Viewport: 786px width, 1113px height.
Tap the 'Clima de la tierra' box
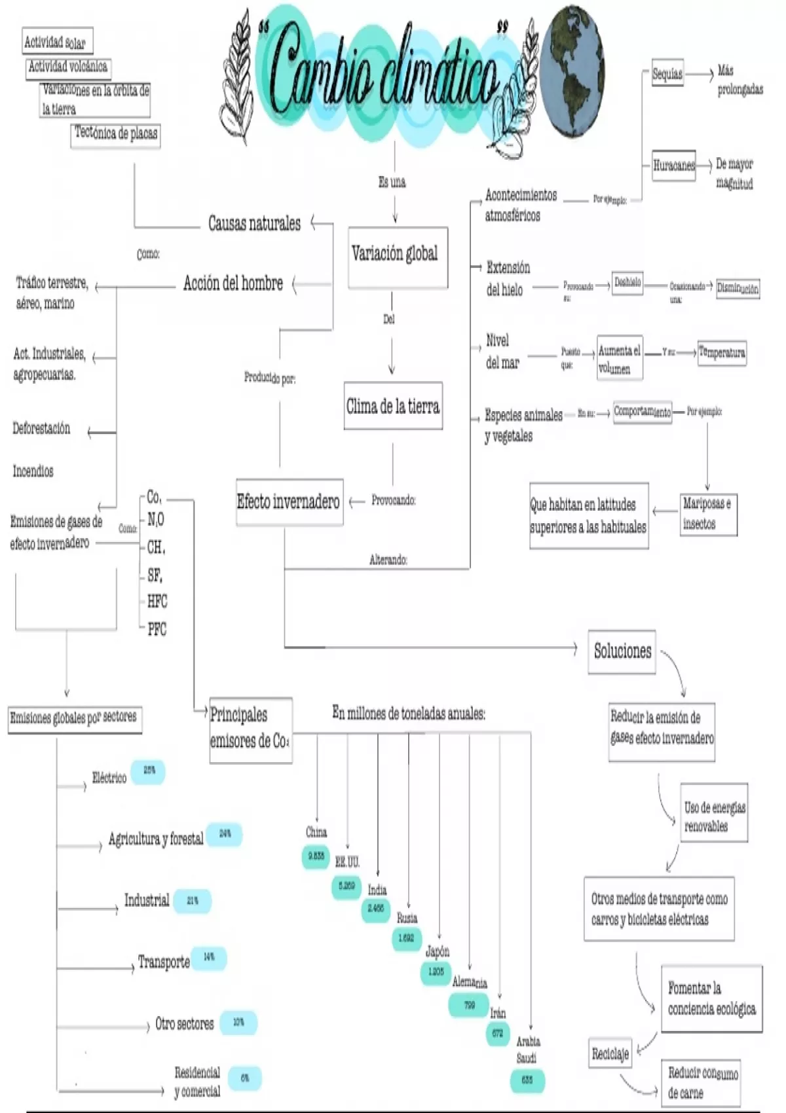point(393,406)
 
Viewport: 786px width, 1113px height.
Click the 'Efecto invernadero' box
point(289,503)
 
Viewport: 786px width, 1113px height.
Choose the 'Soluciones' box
point(622,651)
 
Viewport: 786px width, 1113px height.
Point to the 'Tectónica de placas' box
point(115,135)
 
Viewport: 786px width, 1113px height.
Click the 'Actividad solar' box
point(57,42)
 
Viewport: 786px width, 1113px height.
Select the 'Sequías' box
point(667,74)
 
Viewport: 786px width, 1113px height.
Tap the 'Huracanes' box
point(673,165)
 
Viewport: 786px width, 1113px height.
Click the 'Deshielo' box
point(627,283)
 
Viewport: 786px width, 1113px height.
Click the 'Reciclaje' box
point(610,1053)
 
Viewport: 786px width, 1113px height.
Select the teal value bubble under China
point(316,856)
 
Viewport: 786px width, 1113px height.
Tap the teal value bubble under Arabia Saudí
point(527,1080)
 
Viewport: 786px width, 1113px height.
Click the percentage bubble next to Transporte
point(209,957)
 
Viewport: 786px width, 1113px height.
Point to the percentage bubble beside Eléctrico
point(149,771)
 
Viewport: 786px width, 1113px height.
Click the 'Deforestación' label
point(41,429)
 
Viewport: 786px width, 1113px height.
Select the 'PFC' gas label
point(157,630)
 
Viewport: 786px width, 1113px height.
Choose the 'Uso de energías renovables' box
point(714,816)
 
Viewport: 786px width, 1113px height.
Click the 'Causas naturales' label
point(254,224)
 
